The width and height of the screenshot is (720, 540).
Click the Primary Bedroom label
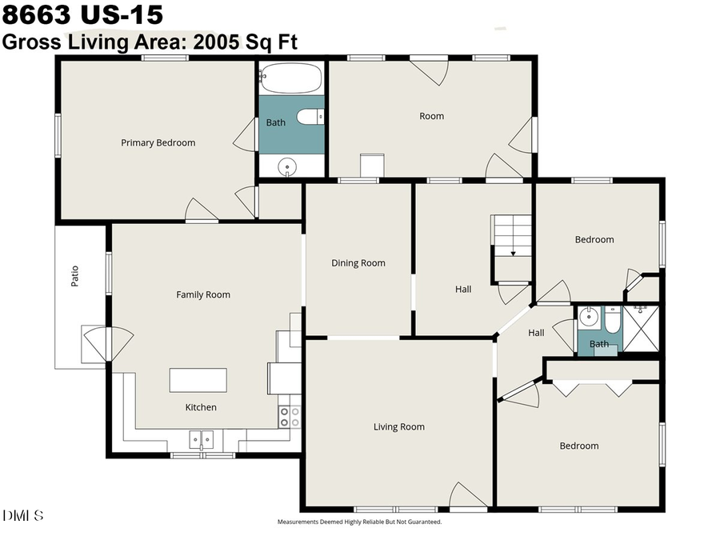[158, 143]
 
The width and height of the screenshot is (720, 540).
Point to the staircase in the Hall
[512, 236]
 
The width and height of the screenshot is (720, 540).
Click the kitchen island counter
[198, 379]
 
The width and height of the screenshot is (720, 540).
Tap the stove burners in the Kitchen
[289, 417]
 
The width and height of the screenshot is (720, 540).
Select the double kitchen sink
[201, 439]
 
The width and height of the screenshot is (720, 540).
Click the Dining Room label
[358, 263]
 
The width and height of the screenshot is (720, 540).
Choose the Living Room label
[399, 427]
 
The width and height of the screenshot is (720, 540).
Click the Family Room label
[203, 295]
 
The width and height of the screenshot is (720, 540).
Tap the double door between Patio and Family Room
[107, 342]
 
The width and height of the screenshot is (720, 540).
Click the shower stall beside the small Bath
[642, 329]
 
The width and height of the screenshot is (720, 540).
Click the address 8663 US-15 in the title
[82, 15]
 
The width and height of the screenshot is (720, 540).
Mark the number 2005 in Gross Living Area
[212, 42]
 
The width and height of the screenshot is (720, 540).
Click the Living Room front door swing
[467, 497]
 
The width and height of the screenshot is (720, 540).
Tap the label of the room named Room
[431, 117]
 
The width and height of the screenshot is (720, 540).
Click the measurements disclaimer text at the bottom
[359, 522]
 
